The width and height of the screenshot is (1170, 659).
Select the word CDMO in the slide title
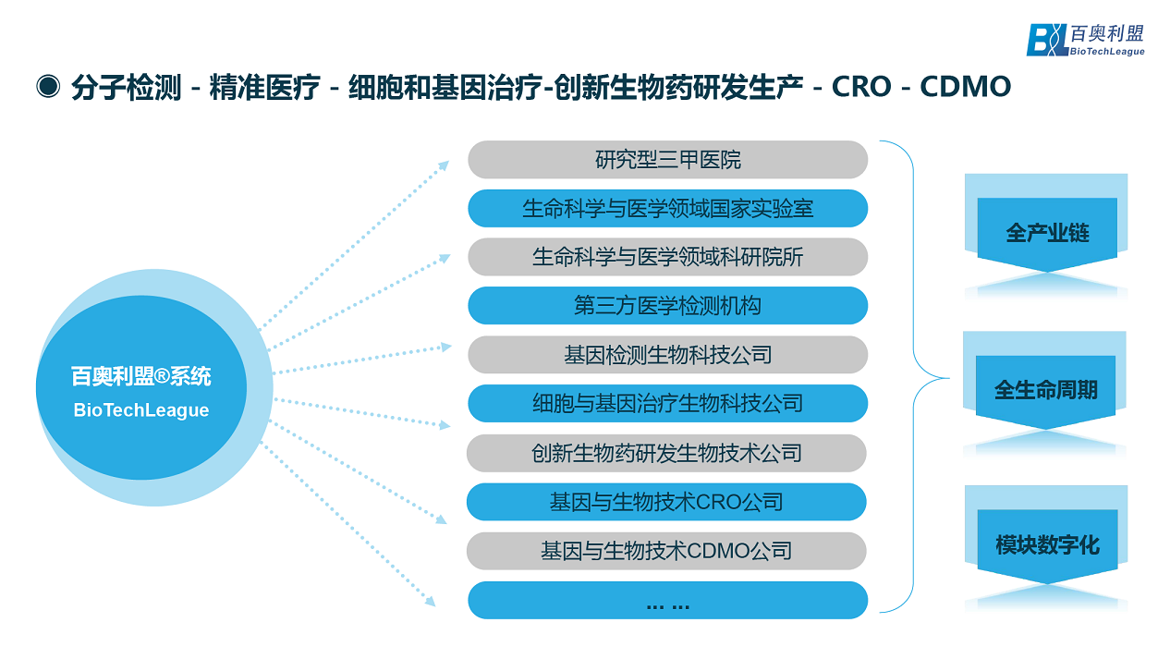click(x=966, y=87)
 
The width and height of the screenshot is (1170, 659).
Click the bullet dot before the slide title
click(x=47, y=86)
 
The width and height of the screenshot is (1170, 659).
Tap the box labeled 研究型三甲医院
click(x=667, y=160)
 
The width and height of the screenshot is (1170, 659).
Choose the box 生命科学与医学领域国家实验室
click(x=667, y=208)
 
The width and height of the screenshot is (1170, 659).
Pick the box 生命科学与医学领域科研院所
click(x=667, y=257)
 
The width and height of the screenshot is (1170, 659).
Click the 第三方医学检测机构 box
click(x=667, y=306)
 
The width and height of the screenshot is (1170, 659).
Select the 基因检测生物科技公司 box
click(x=667, y=355)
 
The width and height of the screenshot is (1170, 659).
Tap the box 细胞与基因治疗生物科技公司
click(x=667, y=404)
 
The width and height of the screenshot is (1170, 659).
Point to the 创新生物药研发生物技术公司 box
click(x=666, y=453)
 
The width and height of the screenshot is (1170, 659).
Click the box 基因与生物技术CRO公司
click(x=666, y=502)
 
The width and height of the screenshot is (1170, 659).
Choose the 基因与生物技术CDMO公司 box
click(x=666, y=551)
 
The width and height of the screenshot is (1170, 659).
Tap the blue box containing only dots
click(x=667, y=601)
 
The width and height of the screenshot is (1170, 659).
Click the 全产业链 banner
click(x=1047, y=233)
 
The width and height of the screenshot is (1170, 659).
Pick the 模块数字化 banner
click(x=1047, y=544)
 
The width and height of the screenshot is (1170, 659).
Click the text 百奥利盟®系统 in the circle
click(x=141, y=377)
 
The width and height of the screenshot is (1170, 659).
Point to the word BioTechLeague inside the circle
click(x=141, y=410)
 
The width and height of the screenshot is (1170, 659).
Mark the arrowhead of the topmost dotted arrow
click(x=445, y=165)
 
